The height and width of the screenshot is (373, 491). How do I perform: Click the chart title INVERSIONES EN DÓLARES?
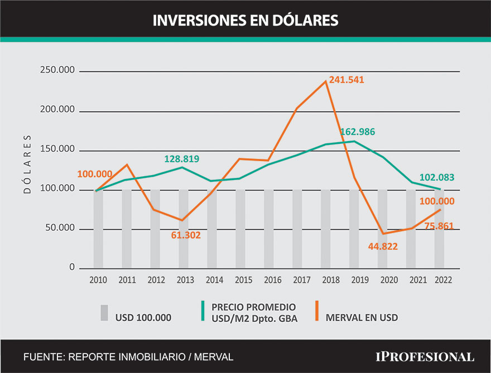click(x=245, y=20)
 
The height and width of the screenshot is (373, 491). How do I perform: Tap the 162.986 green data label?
click(x=358, y=132)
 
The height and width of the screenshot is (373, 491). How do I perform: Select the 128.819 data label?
click(x=182, y=159)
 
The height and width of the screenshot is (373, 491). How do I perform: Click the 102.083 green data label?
click(x=436, y=178)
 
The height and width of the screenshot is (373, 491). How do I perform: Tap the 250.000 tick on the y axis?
click(x=57, y=71)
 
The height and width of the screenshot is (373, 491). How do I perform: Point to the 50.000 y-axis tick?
click(x=59, y=229)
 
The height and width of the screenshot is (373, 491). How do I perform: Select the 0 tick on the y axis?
click(x=72, y=268)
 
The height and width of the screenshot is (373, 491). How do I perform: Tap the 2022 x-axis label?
click(x=443, y=280)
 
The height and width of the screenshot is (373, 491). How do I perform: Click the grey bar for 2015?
click(x=240, y=229)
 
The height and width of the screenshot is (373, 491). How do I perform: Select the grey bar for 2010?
click(x=98, y=229)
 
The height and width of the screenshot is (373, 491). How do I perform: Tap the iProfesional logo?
click(x=425, y=356)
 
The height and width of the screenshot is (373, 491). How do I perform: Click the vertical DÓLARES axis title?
click(x=27, y=164)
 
